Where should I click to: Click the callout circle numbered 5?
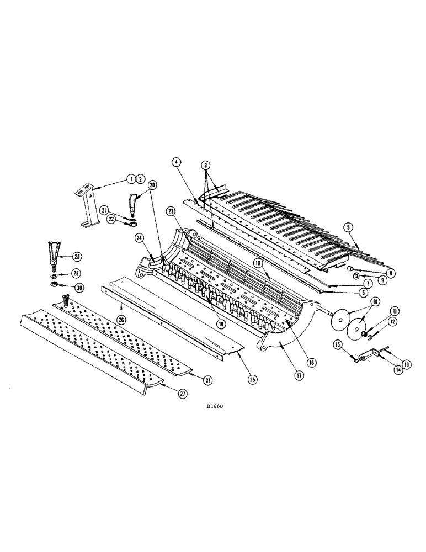(348, 226)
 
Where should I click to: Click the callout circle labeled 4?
(175, 163)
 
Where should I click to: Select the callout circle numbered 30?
(80, 287)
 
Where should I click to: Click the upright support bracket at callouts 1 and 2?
(87, 207)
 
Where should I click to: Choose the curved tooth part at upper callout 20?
(133, 204)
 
